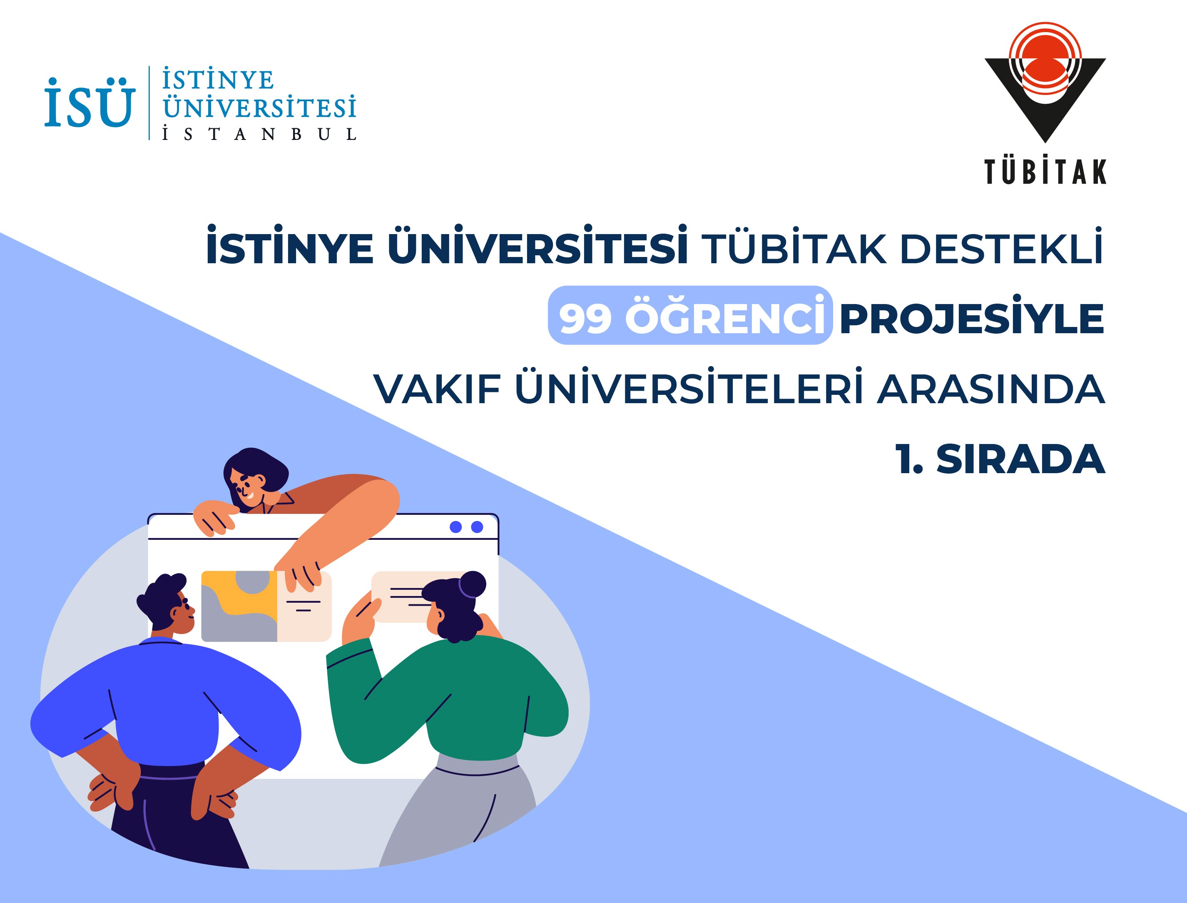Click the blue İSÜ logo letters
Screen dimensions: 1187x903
tap(89, 102)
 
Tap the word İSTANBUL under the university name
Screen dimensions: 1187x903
tap(259, 134)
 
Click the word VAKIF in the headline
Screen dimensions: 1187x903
tap(438, 389)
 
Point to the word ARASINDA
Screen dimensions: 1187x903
tap(991, 389)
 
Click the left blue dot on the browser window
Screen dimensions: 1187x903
tap(455, 527)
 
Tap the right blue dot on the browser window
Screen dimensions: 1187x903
tap(477, 527)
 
